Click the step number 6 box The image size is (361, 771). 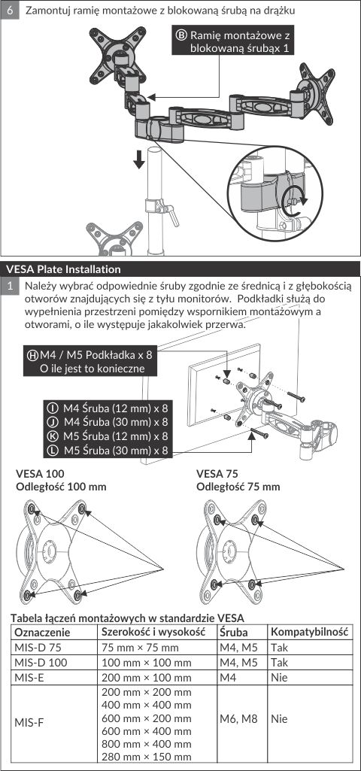tap(10, 10)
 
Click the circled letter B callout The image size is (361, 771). tap(181, 35)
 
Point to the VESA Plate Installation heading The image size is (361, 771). tap(64, 269)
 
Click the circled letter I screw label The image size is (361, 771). tap(51, 408)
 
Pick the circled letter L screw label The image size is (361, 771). tap(51, 450)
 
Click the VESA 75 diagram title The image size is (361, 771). tap(217, 474)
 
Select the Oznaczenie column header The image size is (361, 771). tap(43, 632)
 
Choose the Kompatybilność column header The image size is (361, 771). tap(310, 631)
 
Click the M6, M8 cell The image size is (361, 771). tap(238, 719)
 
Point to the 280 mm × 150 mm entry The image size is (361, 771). tap(147, 757)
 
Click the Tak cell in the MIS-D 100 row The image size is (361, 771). tap(279, 663)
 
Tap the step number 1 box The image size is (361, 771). tap(10, 286)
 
